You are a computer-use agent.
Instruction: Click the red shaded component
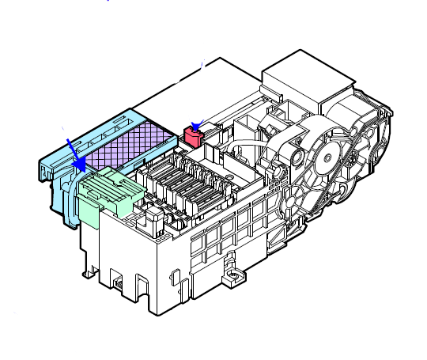tap(193, 138)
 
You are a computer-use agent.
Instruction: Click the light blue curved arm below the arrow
tap(70, 198)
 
